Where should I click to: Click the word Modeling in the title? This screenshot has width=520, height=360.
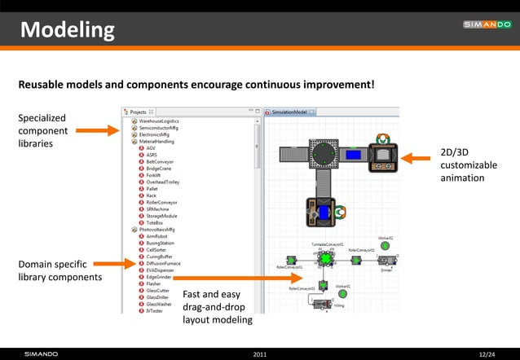pos(68,30)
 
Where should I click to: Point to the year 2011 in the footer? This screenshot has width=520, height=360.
pos(260,353)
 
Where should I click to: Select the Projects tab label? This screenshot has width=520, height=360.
pos(138,112)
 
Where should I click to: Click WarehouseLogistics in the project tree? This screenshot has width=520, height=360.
pos(158,121)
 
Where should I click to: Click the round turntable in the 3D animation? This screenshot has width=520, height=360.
pos(324,152)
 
